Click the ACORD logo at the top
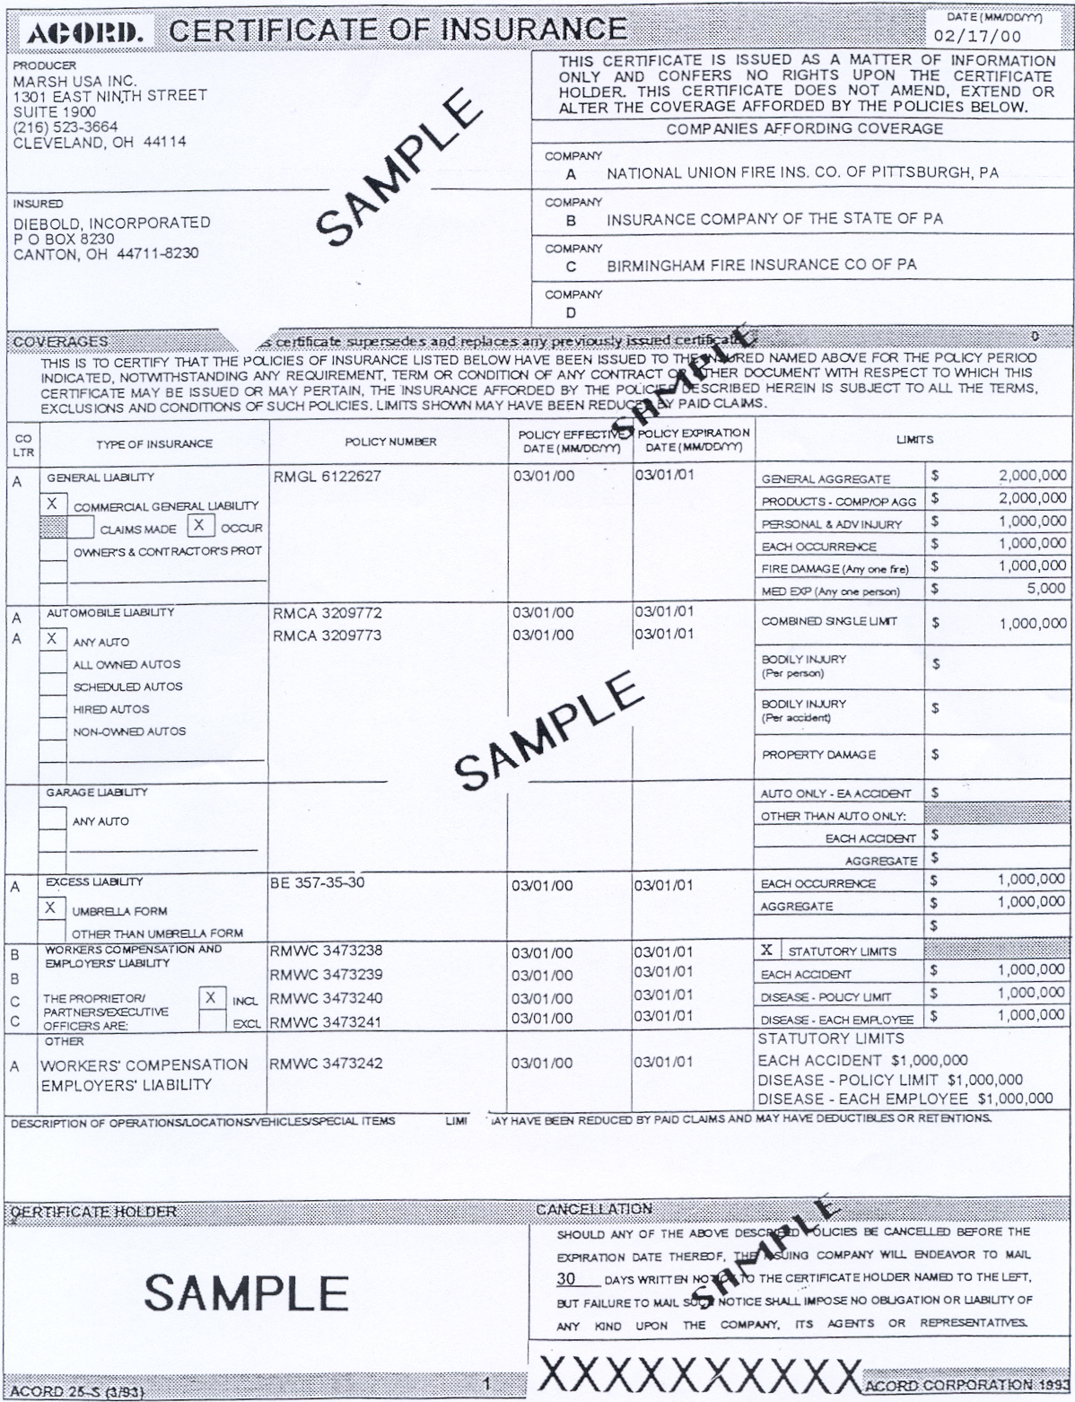pyautogui.click(x=84, y=34)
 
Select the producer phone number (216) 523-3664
pyautogui.click(x=66, y=127)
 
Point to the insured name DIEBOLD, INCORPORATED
pyautogui.click(x=111, y=223)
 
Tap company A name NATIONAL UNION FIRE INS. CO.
pyautogui.click(x=802, y=173)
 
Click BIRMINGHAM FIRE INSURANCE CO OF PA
pyautogui.click(x=761, y=266)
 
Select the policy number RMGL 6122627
pyautogui.click(x=327, y=477)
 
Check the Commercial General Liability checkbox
pyautogui.click(x=52, y=504)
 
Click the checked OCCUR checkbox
pyautogui.click(x=200, y=526)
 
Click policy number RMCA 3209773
pyautogui.click(x=327, y=635)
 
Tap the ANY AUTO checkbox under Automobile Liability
pyautogui.click(x=52, y=639)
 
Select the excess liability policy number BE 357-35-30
pyautogui.click(x=318, y=882)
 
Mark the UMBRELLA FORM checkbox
pyautogui.click(x=51, y=908)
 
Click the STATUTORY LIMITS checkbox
pyautogui.click(x=766, y=950)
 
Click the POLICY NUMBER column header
pyautogui.click(x=390, y=442)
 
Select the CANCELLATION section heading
pyautogui.click(x=593, y=1209)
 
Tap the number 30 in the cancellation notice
pyautogui.click(x=566, y=1277)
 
